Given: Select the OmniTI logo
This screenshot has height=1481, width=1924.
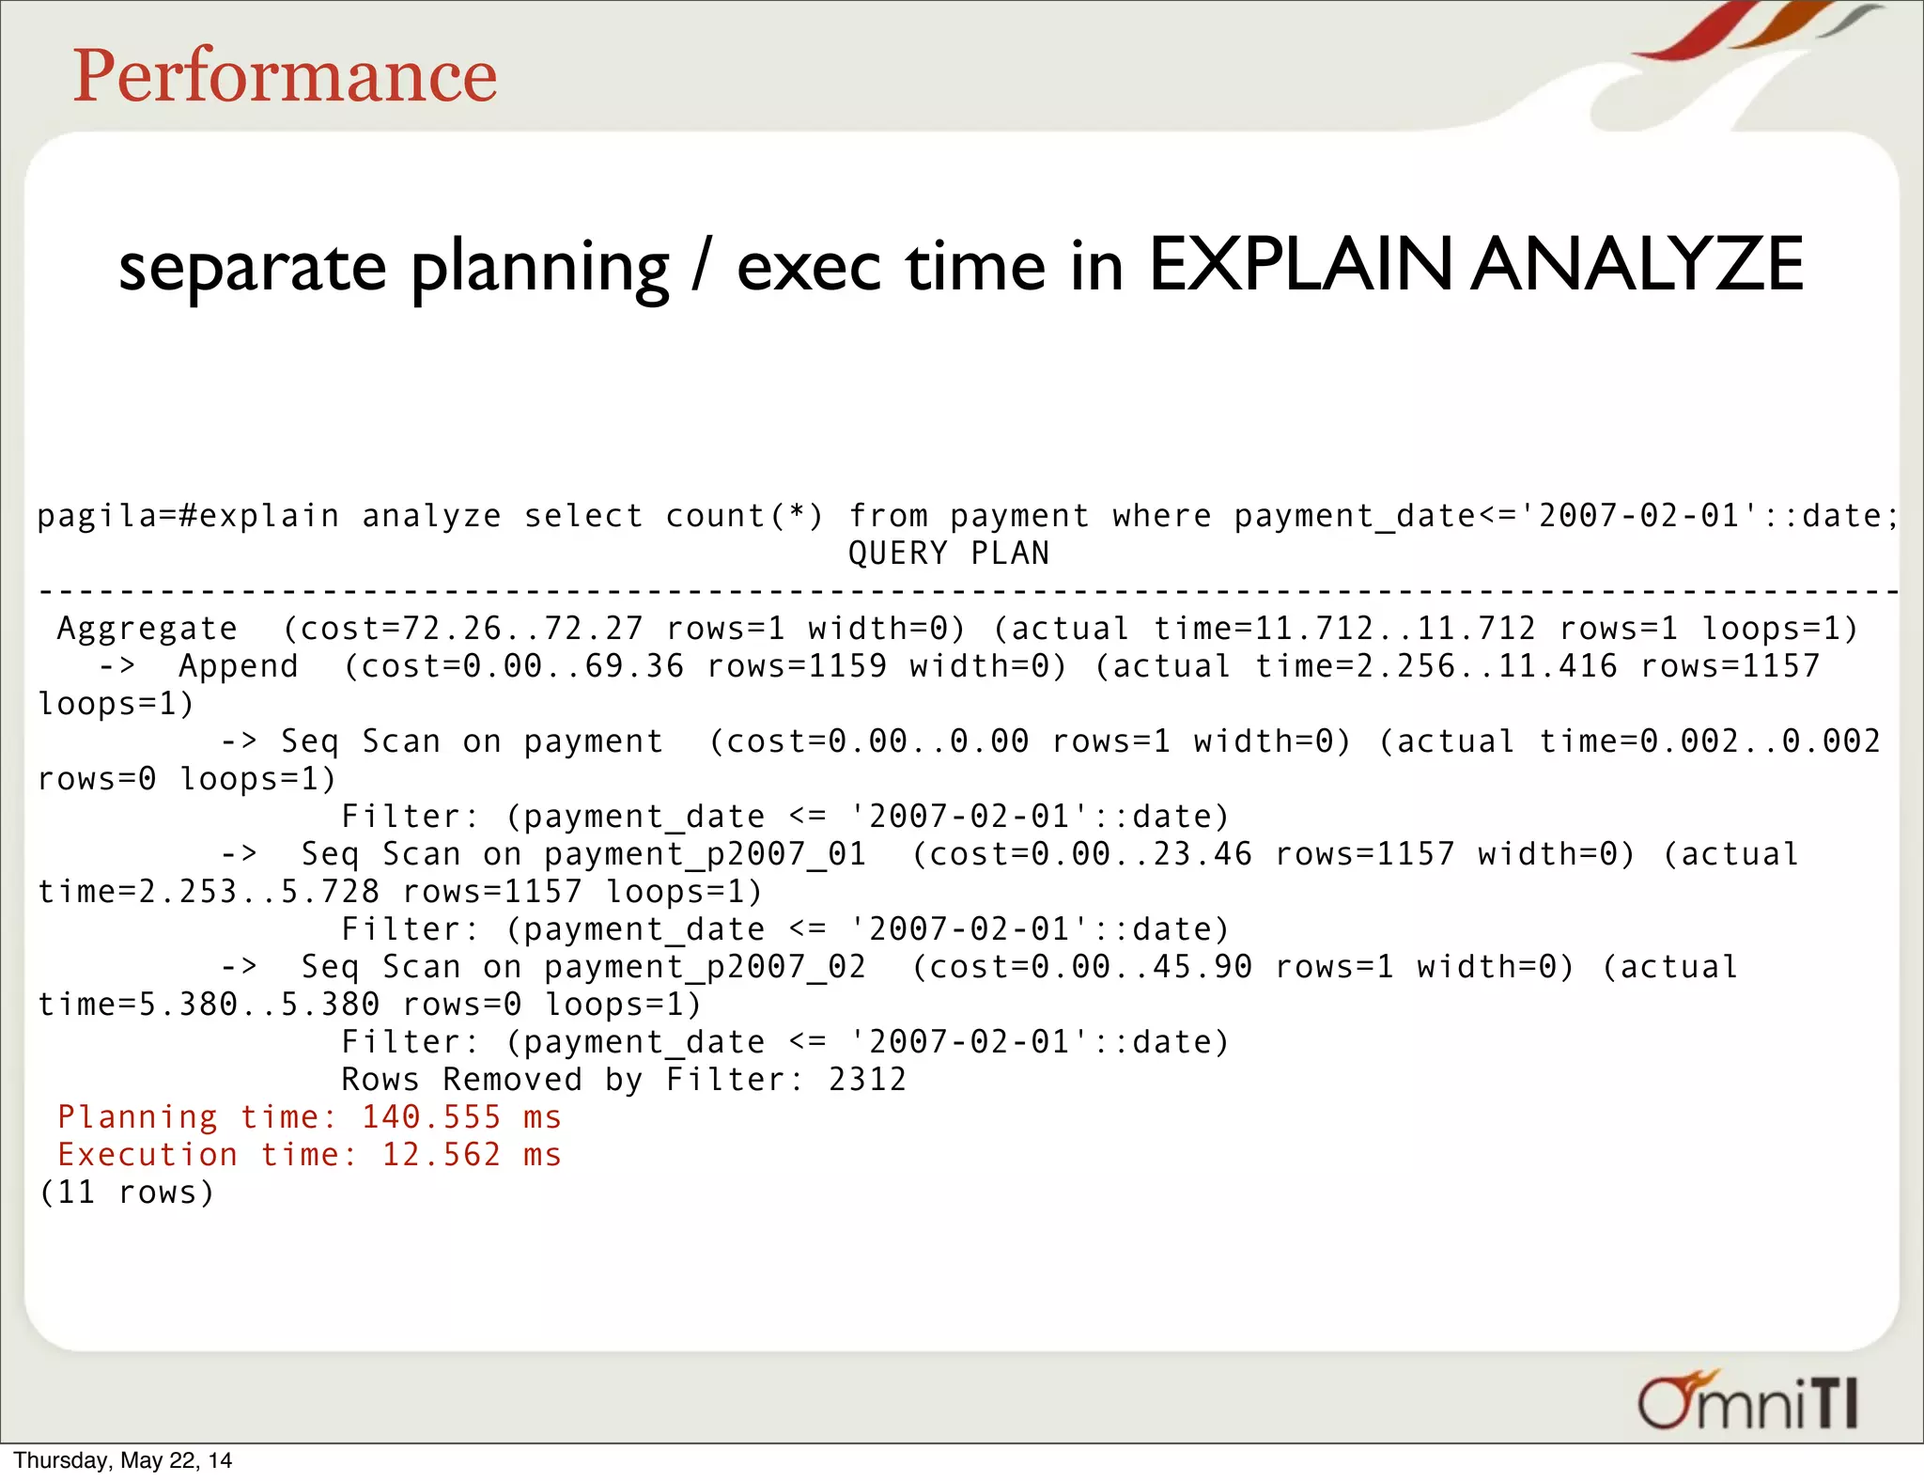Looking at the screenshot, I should tap(1747, 1401).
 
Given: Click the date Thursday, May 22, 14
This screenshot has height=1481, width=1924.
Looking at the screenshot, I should tap(122, 1460).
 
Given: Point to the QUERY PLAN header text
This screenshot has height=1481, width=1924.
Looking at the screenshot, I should tap(948, 553).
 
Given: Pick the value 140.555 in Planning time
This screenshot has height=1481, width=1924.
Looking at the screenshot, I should tap(431, 1117).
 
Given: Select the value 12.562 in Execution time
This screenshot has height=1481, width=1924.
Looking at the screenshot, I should tap(442, 1155).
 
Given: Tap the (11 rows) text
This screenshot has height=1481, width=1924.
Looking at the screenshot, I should tap(127, 1193).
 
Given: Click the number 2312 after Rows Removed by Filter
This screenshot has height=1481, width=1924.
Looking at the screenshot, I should tap(867, 1080).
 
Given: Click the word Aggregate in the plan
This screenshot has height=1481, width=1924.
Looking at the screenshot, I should tap(147, 629).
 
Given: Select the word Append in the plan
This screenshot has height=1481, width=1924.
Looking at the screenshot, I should tap(239, 666).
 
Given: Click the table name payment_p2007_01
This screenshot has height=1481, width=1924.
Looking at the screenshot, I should tap(705, 854).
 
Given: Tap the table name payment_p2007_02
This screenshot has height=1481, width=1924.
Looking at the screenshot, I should tap(705, 967).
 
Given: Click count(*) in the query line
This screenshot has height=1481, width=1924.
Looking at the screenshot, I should tap(744, 516).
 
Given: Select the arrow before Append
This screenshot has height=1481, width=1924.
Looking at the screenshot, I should tap(117, 666).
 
